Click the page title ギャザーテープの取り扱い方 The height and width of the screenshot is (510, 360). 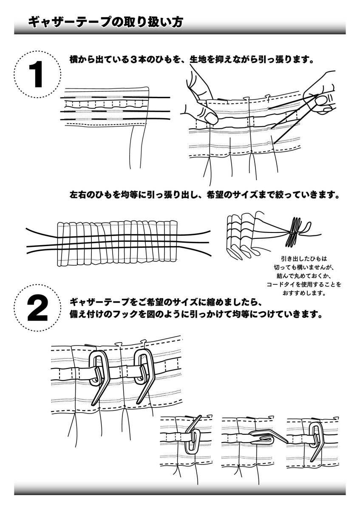105,23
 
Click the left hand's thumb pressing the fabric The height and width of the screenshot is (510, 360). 209,116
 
